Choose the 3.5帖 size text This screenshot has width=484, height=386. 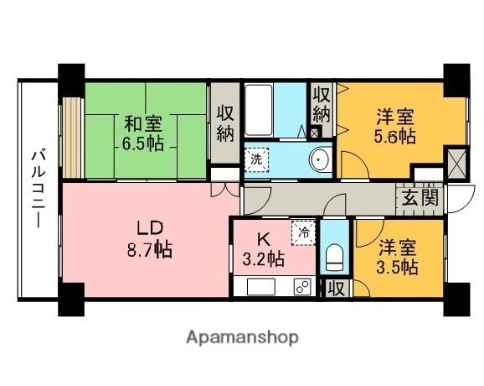(x=396, y=267)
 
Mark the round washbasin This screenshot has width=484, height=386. (x=319, y=159)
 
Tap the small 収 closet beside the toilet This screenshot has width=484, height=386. (x=336, y=288)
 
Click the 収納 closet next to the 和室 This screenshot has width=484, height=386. (x=224, y=124)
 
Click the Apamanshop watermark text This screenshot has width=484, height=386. (x=242, y=338)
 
